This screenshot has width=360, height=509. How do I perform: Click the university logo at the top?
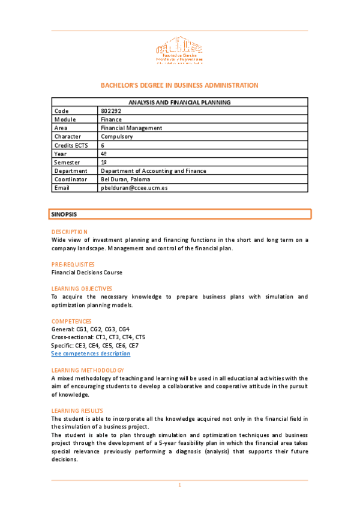[179, 52]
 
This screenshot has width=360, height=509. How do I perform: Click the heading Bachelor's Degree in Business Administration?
[179, 85]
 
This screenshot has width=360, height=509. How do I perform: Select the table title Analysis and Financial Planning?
[179, 103]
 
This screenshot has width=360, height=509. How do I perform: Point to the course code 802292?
[112, 111]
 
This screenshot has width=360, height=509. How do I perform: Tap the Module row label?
[65, 119]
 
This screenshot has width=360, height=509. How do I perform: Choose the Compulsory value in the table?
[117, 136]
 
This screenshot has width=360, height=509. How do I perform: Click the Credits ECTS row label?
[71, 145]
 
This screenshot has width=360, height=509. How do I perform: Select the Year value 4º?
[104, 154]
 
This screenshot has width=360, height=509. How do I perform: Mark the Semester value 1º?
[104, 162]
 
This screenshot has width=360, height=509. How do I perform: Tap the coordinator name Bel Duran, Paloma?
[125, 179]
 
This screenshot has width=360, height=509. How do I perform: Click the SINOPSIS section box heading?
[64, 214]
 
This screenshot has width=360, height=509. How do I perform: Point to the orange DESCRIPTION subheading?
[69, 232]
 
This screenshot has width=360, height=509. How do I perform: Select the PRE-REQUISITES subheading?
[73, 264]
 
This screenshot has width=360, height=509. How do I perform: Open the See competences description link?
[91, 354]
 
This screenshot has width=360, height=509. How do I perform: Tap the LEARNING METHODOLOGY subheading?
[88, 370]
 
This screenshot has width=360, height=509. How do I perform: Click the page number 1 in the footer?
[179, 484]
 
